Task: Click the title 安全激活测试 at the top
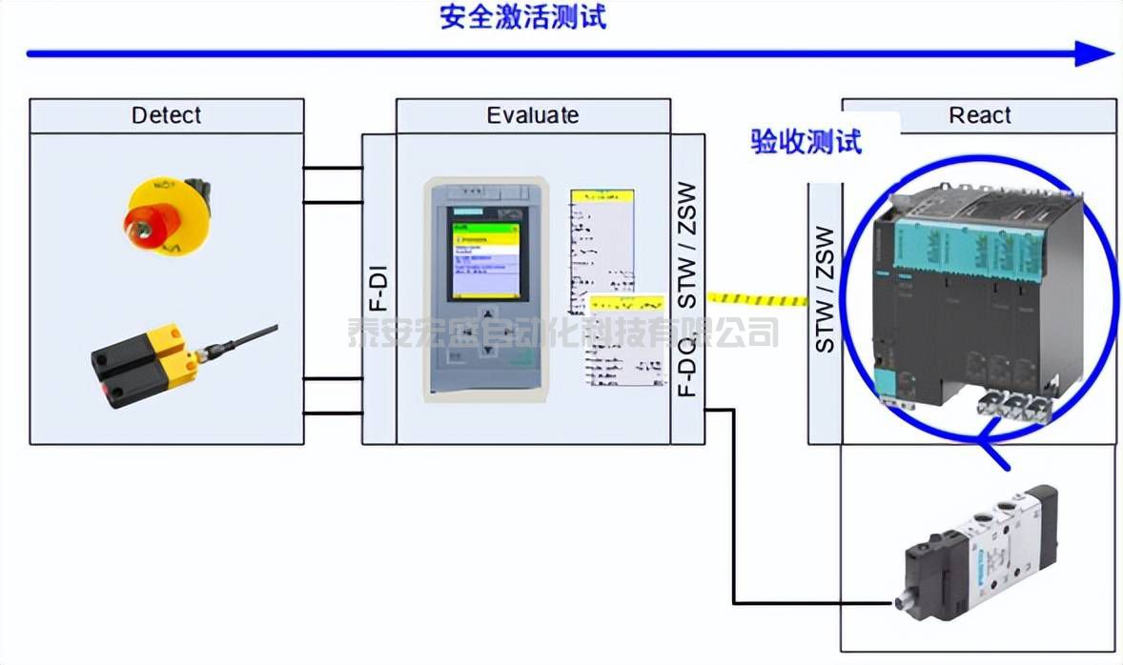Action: pos(522,17)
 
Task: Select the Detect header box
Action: pos(167,115)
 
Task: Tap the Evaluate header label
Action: pos(532,115)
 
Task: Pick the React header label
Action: pos(979,115)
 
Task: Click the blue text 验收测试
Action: pos(806,142)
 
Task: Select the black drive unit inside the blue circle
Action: pos(982,295)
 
